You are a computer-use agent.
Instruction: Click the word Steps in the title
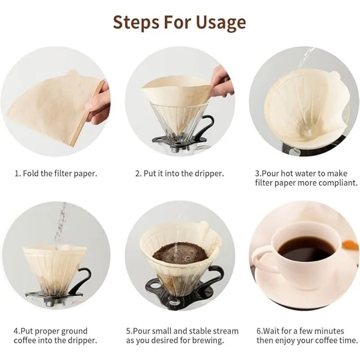tap(136, 22)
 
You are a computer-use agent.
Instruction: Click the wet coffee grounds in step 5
tap(181, 253)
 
